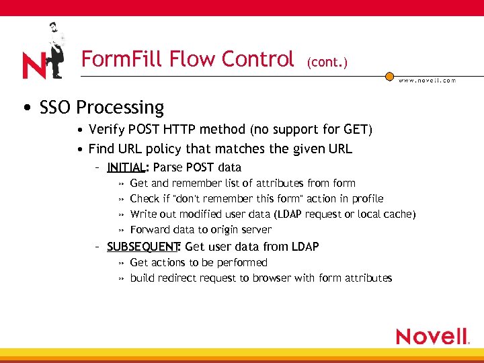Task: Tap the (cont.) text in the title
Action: pos(327,63)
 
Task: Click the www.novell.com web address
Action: pos(427,80)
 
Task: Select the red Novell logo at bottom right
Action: pos(432,336)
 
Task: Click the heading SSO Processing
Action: pos(102,108)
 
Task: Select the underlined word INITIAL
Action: pos(126,167)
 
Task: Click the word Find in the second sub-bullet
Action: pos(102,149)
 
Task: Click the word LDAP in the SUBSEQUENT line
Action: pos(304,247)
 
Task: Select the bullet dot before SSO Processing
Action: pos(24,108)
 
